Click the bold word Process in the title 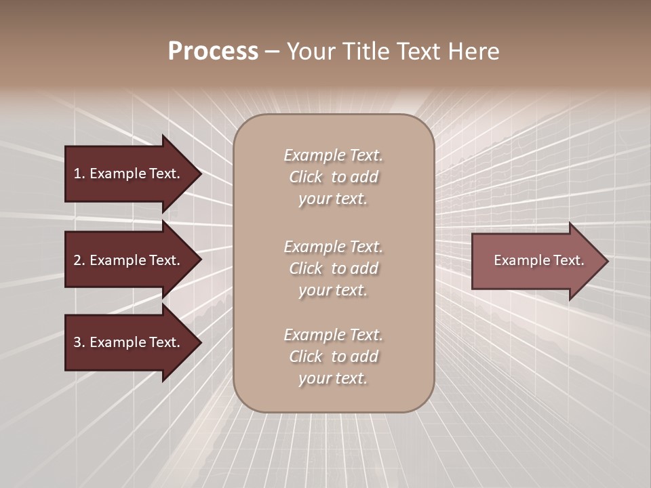click(x=213, y=52)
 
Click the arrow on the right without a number click(x=536, y=260)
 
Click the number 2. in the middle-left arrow click(x=79, y=260)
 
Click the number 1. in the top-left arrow click(x=79, y=174)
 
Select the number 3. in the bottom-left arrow click(x=79, y=342)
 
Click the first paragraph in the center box click(x=333, y=177)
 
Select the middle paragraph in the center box click(x=333, y=268)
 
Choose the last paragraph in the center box click(x=333, y=357)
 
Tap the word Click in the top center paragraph click(x=306, y=177)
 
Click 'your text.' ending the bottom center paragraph click(x=333, y=378)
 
